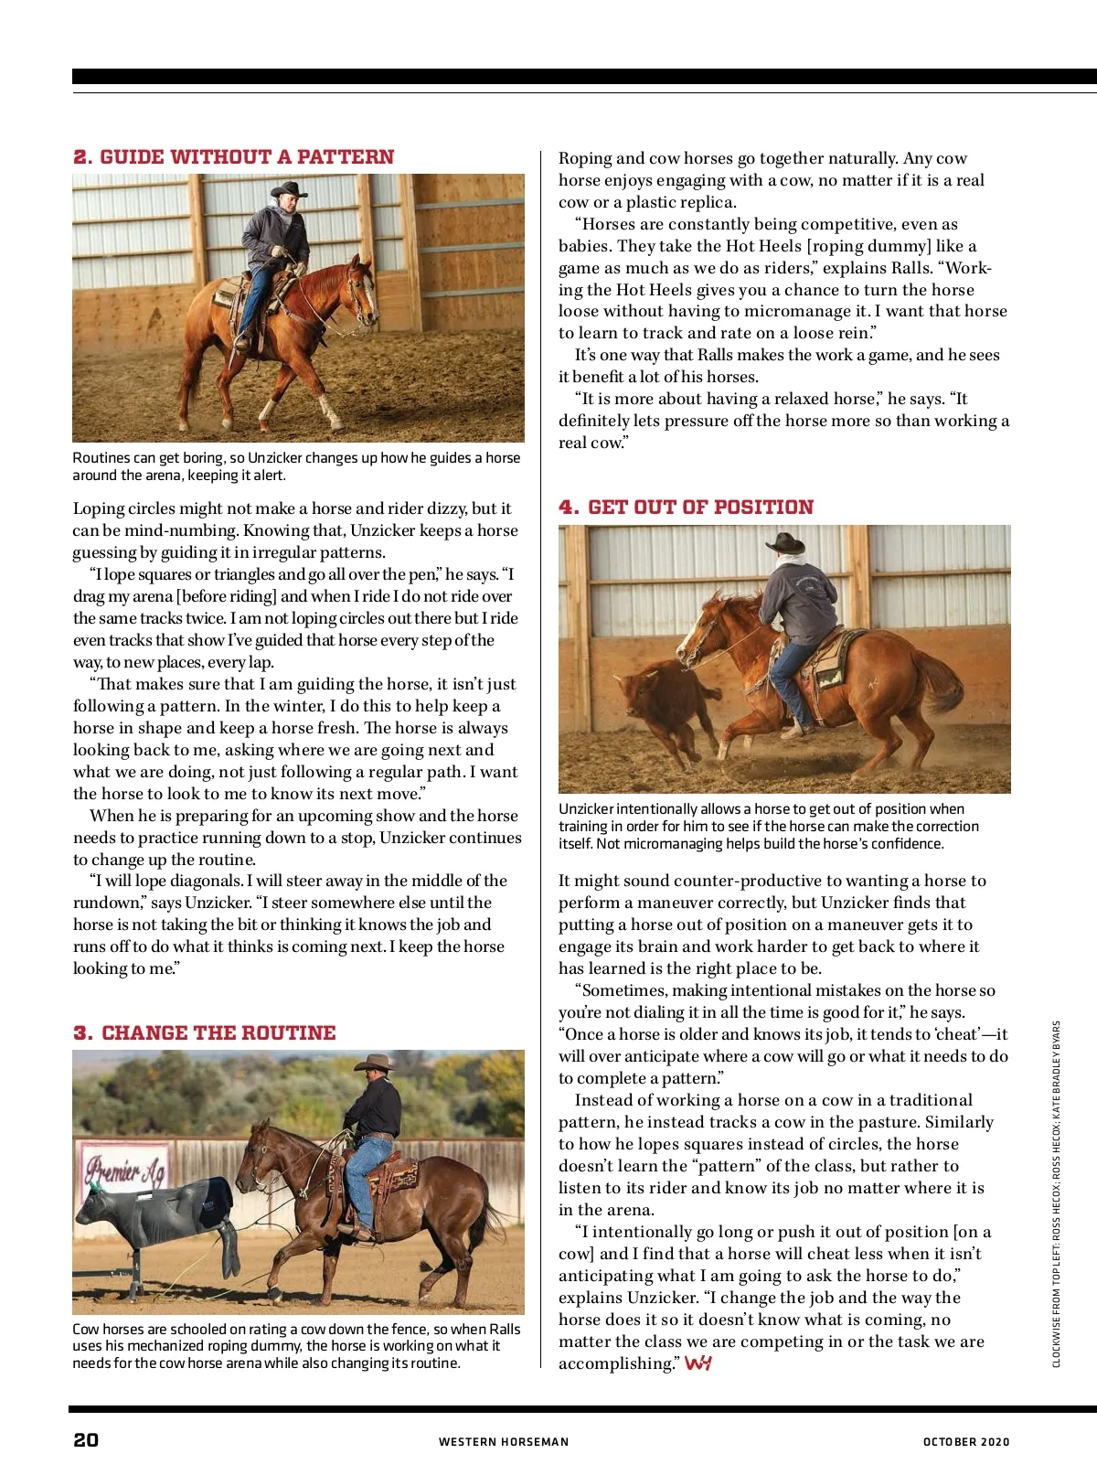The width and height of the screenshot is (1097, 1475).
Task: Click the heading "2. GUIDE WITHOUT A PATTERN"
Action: point(233,157)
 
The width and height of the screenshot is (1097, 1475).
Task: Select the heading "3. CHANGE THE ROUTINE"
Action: point(205,1033)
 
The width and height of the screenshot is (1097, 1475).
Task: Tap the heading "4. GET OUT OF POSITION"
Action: point(686,508)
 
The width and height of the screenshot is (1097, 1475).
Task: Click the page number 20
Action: point(86,1440)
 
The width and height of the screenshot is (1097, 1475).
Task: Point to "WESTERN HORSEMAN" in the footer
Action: point(504,1442)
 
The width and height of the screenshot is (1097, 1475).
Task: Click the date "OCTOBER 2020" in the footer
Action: point(966,1442)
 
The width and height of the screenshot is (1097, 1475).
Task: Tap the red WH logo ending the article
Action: point(698,1363)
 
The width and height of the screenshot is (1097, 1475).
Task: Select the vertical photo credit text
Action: point(1056,1193)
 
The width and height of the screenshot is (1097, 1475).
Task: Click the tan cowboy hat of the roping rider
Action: point(375,1063)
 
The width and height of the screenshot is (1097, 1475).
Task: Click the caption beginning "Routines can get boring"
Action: point(296,466)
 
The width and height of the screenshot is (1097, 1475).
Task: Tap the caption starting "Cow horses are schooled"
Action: point(296,1346)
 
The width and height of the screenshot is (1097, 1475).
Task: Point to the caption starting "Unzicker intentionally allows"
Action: point(768,827)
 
